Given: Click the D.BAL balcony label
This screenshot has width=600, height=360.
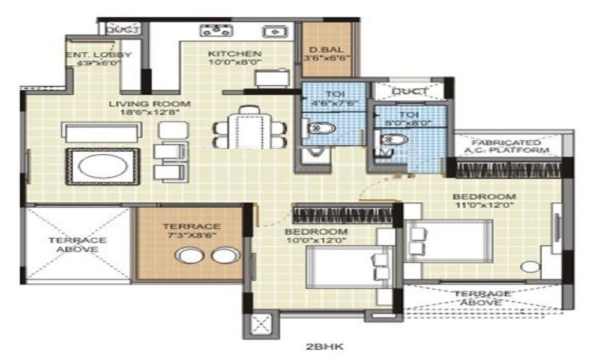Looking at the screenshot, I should tap(326, 50).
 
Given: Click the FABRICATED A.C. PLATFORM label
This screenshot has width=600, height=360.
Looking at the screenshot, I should tap(509, 146).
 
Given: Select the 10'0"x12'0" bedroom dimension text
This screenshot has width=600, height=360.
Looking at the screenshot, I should tap(316, 241).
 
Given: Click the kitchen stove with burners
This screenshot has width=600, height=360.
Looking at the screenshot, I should tap(216, 30).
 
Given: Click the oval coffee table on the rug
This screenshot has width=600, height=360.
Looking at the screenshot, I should tap(103, 166).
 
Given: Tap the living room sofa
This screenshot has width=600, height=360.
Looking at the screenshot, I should tap(103, 132).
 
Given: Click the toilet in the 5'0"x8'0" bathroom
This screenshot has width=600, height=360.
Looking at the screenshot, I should tap(394, 140).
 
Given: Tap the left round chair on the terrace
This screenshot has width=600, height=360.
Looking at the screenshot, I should tap(189, 256).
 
